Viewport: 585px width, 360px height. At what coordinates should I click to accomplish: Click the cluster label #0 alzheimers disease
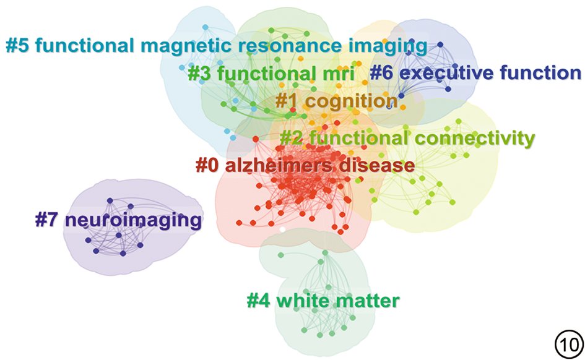[305, 165]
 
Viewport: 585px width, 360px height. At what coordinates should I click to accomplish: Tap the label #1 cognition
[336, 100]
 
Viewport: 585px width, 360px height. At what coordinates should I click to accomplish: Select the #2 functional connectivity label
[407, 138]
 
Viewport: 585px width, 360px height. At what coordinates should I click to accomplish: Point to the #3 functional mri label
[271, 74]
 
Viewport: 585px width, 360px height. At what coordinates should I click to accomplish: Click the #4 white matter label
[323, 301]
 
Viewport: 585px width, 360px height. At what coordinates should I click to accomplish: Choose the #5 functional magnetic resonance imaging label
[216, 45]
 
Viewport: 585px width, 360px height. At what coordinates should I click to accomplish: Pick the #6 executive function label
[475, 73]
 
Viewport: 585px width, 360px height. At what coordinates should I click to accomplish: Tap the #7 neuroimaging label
[118, 220]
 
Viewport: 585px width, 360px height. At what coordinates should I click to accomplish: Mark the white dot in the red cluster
[282, 229]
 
